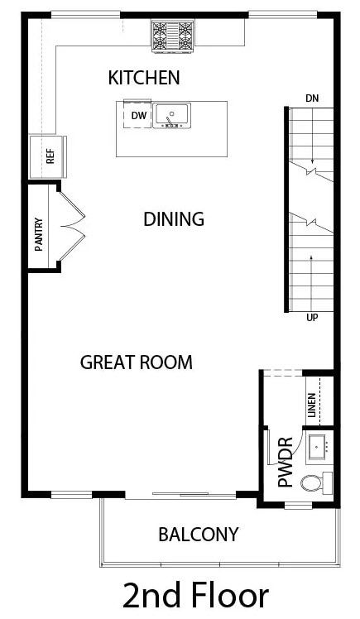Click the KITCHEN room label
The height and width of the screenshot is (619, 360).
click(144, 78)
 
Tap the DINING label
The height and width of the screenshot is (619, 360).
click(174, 219)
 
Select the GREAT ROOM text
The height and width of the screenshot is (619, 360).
click(137, 362)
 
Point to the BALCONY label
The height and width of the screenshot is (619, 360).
click(199, 534)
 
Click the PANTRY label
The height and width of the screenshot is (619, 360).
click(39, 234)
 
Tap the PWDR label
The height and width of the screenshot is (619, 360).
click(286, 462)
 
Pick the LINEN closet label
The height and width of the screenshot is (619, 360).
click(311, 405)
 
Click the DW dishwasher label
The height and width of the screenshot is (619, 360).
click(139, 116)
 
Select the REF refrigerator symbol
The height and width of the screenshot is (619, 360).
click(48, 156)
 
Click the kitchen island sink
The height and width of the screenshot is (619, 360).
click(171, 115)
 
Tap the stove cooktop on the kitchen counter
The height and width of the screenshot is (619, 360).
click(172, 36)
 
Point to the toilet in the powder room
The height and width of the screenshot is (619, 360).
click(317, 482)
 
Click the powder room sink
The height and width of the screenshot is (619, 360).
click(317, 447)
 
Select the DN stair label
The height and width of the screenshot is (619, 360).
click(312, 98)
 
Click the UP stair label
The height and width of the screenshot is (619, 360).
click(312, 318)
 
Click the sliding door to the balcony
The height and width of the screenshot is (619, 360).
click(180, 494)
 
